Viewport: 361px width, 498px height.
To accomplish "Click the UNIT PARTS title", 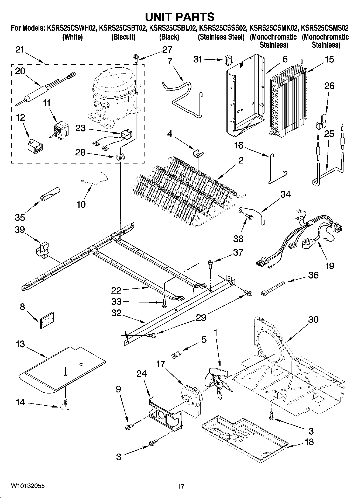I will coord(180,17).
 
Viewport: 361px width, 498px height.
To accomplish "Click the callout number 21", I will coord(20,50).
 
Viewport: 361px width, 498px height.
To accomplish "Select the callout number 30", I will coord(313,320).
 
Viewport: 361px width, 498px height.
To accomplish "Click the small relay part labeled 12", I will coord(36,145).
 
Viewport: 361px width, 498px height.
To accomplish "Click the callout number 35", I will coord(20,217).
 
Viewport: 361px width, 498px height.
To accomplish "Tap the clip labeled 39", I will coord(42,250).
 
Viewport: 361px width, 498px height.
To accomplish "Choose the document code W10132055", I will coord(28,486).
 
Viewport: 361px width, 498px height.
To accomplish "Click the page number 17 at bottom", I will coord(181,486).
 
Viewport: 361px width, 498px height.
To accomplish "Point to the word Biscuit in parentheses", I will coord(123,37).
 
